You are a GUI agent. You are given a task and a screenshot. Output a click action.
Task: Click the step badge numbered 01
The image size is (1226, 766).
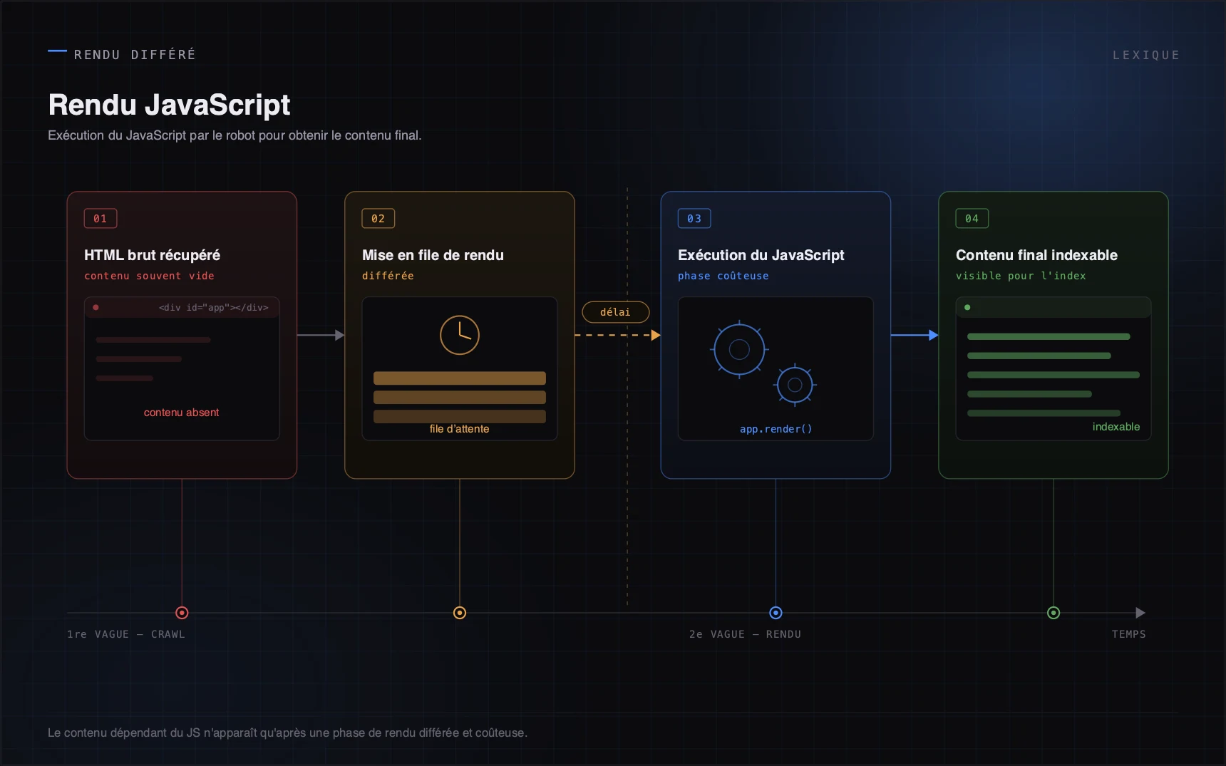101,219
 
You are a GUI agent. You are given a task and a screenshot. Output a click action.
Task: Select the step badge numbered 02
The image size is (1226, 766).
378,219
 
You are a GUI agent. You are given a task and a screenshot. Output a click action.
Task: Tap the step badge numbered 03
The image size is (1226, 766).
694,219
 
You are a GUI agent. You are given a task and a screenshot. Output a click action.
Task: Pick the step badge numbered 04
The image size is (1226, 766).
972,219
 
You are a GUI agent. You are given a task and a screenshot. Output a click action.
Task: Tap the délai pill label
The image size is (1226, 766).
616,312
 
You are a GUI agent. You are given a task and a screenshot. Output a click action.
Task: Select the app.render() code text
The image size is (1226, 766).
776,429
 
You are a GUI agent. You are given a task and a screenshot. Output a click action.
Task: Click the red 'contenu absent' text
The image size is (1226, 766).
181,413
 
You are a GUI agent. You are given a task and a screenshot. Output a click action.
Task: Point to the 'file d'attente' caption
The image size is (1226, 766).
460,429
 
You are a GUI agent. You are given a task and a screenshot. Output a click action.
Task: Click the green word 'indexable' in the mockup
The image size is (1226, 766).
1116,427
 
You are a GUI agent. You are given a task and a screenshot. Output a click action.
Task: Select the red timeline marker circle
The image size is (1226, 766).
182,613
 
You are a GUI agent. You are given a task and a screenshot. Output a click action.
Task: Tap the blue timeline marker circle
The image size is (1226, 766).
776,613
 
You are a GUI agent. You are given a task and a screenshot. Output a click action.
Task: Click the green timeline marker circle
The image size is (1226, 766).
1054,613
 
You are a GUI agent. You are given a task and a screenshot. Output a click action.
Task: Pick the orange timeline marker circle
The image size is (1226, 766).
460,613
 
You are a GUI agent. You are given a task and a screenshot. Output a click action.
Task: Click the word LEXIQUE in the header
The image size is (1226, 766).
1146,56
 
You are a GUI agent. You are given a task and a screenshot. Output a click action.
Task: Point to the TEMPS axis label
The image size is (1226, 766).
1129,634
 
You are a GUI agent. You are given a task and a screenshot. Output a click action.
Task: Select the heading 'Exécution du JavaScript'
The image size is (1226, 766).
761,255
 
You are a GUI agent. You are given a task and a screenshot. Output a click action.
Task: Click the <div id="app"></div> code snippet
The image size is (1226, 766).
214,308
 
